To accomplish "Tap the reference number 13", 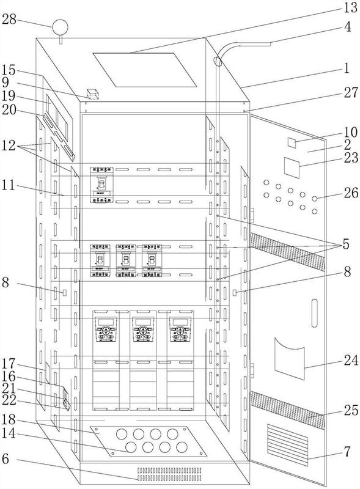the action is [351, 7].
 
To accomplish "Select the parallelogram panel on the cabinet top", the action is [145, 70].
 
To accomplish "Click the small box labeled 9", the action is [93, 94].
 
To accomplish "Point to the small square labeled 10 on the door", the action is [292, 143].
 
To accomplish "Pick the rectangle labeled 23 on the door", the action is [292, 167].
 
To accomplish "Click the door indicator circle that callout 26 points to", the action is [315, 198].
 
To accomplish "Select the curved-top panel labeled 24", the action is [289, 358].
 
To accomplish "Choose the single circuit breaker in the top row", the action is [101, 185].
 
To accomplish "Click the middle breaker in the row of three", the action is [126, 261].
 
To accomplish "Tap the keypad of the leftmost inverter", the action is [106, 330].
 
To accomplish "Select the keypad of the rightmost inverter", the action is [180, 330].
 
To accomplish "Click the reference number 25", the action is [351, 410].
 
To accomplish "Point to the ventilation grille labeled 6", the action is [169, 474].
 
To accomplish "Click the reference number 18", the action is [9, 419].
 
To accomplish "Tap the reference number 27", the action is [351, 93].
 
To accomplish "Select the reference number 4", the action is [348, 27].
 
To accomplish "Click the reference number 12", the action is [9, 145].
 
